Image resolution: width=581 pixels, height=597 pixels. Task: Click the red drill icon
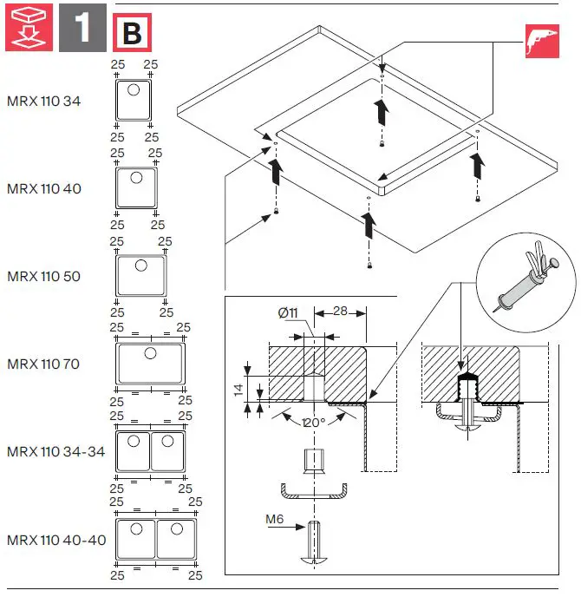pos(541,42)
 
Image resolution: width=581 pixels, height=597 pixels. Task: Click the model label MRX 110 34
pos(43,101)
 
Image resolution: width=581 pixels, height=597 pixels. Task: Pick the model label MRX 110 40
pos(43,188)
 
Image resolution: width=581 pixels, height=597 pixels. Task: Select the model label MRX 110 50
pos(43,277)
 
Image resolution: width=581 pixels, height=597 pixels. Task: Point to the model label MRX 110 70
pos(43,364)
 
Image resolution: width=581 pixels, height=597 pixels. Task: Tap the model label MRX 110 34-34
pos(55,452)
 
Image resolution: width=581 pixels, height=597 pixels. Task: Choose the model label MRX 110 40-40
pos(55,540)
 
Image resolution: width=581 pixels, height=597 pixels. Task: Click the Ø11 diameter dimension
pos(289,312)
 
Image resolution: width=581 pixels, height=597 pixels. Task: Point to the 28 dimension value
pos(340,312)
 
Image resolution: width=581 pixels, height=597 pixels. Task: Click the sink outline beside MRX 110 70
pos(150,364)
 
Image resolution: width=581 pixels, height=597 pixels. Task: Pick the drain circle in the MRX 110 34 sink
pos(135,89)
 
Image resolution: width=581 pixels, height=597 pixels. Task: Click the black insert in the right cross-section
pos(467,383)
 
